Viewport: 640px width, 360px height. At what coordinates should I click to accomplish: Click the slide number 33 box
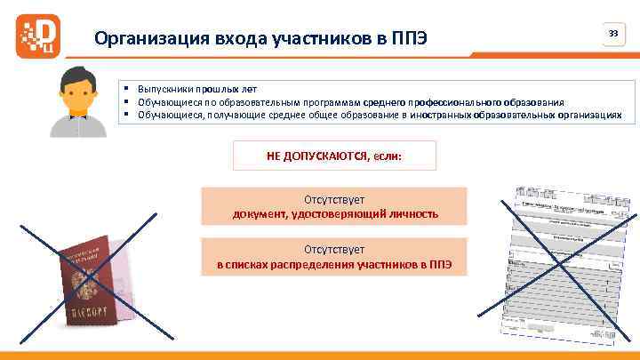612,34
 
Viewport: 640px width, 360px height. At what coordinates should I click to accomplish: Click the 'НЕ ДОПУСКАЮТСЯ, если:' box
334,156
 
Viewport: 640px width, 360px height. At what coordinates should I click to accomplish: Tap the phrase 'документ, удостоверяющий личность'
334,214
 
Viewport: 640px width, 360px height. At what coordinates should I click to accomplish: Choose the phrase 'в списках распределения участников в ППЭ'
334,265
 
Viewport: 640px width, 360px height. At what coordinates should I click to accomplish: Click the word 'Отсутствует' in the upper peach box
334,200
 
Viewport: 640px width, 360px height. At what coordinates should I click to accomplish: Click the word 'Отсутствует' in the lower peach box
334,251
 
